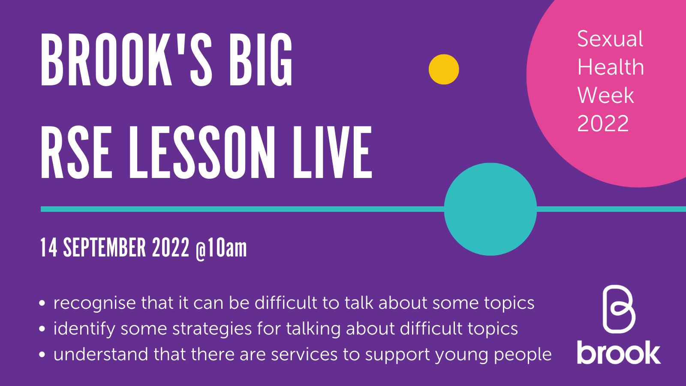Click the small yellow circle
pyautogui.click(x=444, y=69)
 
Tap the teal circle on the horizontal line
pyautogui.click(x=490, y=209)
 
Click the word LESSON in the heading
pyautogui.click(x=202, y=153)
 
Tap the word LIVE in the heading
pyautogui.click(x=332, y=153)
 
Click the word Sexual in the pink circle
pyautogui.click(x=610, y=39)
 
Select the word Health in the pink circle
pyautogui.click(x=611, y=67)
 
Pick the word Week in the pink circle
pyautogui.click(x=605, y=95)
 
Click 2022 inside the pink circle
pyautogui.click(x=603, y=124)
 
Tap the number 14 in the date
pyautogui.click(x=48, y=248)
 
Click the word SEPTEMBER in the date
pyautogui.click(x=105, y=248)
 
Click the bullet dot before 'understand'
pyautogui.click(x=42, y=355)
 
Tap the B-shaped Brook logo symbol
pyautogui.click(x=618, y=309)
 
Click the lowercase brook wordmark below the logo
pyautogui.click(x=618, y=353)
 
